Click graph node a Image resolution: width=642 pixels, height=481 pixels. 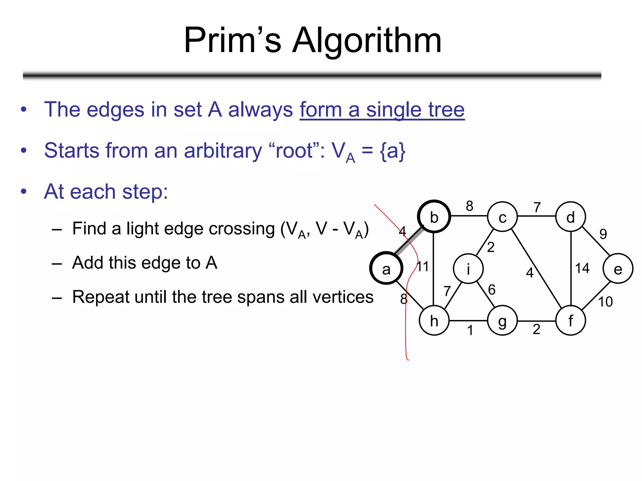click(386, 268)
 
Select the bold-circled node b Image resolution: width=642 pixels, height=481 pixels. click(434, 216)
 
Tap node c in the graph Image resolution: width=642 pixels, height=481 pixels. click(502, 216)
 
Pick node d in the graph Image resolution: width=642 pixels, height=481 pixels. click(571, 216)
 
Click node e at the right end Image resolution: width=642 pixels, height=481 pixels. click(618, 268)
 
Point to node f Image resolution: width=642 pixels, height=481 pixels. click(571, 321)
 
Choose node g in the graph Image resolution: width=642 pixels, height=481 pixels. click(502, 321)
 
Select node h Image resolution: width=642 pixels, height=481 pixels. click(434, 321)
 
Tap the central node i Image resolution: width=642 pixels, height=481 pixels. click(468, 268)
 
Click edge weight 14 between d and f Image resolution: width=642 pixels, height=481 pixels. click(582, 268)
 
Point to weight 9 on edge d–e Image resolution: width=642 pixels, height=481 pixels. click(603, 234)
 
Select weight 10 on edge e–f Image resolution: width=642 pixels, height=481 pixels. click(605, 302)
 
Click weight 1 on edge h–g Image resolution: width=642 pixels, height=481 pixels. click(470, 330)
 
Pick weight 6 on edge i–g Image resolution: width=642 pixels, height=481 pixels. click(492, 290)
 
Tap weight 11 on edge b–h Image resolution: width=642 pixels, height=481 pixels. click(423, 267)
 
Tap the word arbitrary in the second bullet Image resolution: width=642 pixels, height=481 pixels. click(223, 151)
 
